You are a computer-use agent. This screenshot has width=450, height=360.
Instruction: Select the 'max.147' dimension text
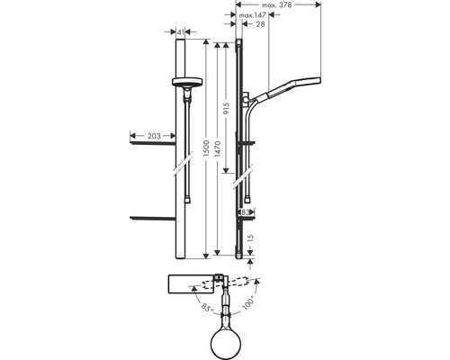251,15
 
